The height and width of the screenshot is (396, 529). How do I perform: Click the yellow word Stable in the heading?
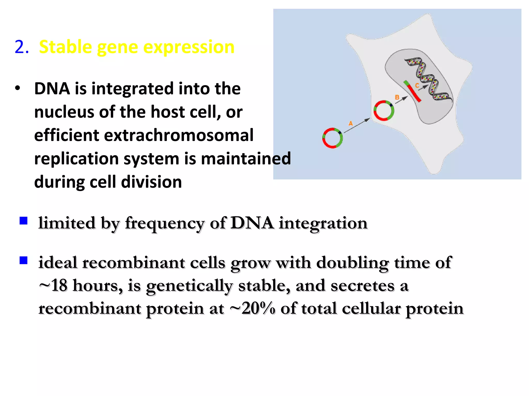coord(66,47)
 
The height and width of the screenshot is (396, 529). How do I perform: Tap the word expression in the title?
coord(189,47)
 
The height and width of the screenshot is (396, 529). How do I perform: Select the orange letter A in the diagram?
coord(351,123)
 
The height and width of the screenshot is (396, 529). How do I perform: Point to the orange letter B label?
coord(397,97)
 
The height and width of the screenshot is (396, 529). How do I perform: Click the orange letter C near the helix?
coord(417,85)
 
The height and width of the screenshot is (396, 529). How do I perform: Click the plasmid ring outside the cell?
coord(332,138)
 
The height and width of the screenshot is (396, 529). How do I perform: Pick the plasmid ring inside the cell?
coord(384,111)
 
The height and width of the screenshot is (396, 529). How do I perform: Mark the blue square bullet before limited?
coord(24,221)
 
